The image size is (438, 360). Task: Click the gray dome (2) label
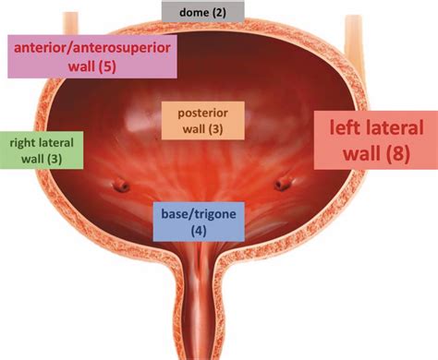tap(203, 11)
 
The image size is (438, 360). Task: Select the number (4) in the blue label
tap(199, 231)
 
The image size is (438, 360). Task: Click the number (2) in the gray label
tap(218, 11)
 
